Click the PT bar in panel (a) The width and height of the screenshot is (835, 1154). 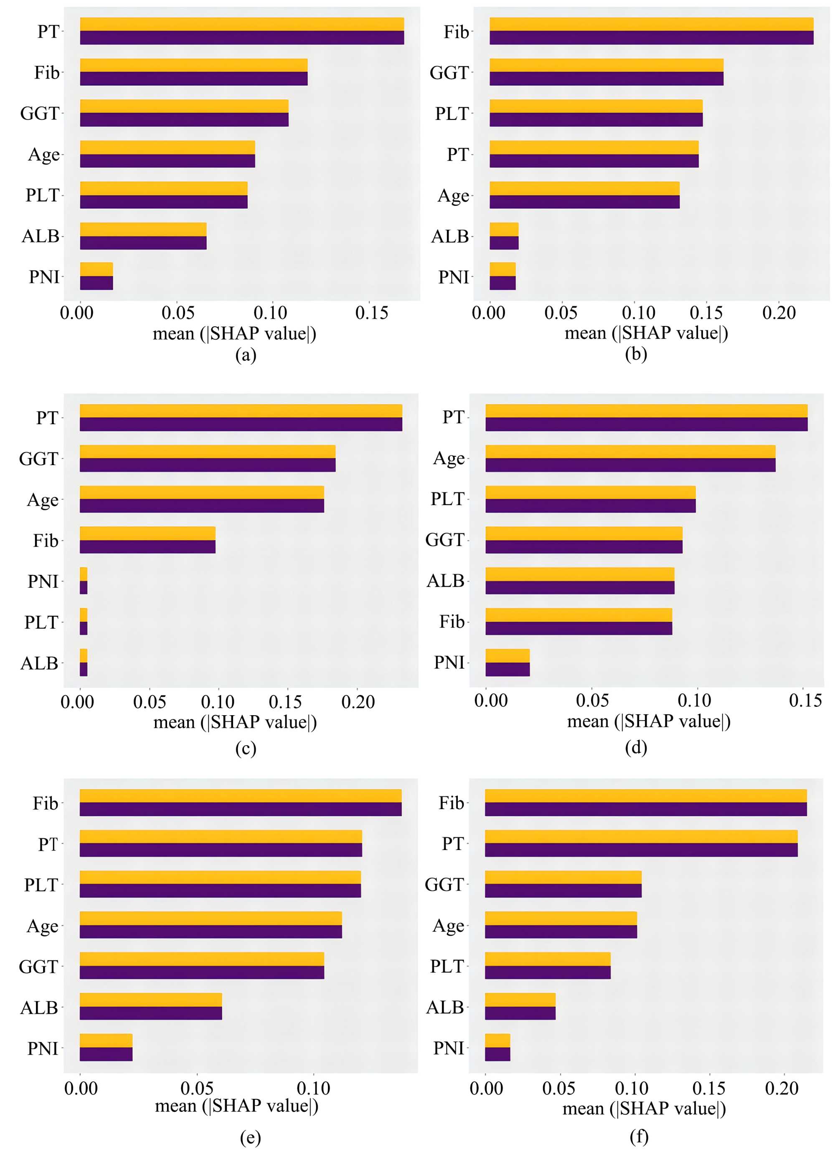(x=242, y=31)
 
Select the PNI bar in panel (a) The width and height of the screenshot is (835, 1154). (x=96, y=276)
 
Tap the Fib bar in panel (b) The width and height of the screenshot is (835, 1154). (x=651, y=31)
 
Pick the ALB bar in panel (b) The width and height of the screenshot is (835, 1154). (x=504, y=236)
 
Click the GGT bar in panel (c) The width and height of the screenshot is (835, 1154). (x=207, y=458)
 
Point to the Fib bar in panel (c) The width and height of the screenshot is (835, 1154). (x=147, y=540)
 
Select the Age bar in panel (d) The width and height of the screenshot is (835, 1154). (x=630, y=458)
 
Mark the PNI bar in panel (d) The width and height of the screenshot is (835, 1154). (x=508, y=663)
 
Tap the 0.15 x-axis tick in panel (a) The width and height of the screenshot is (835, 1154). (x=372, y=312)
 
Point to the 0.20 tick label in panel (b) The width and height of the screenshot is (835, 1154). (x=779, y=312)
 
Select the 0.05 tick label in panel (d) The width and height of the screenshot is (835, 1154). (x=592, y=701)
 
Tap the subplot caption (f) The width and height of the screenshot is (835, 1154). (x=639, y=1136)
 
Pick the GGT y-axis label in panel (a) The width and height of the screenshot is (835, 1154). (x=40, y=113)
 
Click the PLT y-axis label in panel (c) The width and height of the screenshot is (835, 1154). (x=41, y=622)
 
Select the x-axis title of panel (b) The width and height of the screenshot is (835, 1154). (x=646, y=333)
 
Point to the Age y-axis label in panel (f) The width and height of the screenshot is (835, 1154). (x=448, y=926)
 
